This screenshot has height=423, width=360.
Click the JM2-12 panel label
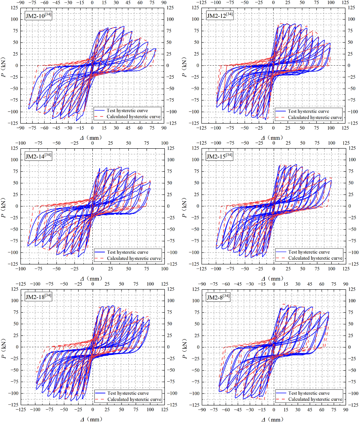click(x=219, y=16)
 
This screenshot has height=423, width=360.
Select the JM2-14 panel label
click(x=38, y=157)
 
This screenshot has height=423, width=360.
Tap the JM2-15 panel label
click(x=219, y=157)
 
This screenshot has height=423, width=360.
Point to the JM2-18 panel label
click(x=38, y=297)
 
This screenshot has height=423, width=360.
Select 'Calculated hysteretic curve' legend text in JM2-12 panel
click(x=315, y=117)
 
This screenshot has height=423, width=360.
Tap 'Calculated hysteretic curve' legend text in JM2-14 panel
click(x=134, y=258)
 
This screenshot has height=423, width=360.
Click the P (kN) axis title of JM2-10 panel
click(x=4, y=65)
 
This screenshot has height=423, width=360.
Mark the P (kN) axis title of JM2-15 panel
click(x=185, y=206)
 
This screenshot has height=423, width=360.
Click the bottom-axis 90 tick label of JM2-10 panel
click(x=164, y=128)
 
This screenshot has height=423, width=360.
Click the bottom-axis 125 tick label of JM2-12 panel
click(x=345, y=128)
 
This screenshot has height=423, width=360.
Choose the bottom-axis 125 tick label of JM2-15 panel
click(x=345, y=269)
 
